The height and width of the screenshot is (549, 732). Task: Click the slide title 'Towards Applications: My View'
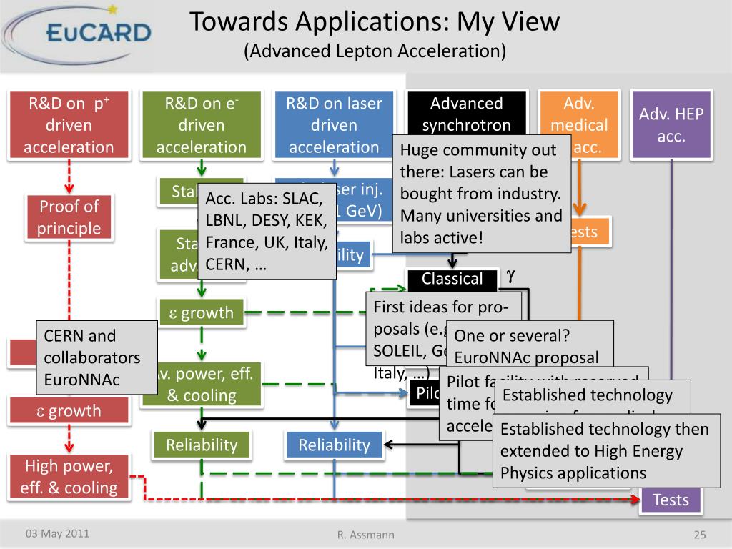[375, 22]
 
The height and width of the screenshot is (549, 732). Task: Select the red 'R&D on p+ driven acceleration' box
[69, 125]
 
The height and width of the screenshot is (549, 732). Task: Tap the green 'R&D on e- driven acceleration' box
[202, 125]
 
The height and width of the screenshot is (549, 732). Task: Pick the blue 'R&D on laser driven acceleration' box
[334, 125]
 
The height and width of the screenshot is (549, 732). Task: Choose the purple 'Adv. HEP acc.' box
[671, 125]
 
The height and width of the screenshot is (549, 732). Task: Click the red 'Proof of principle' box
[69, 217]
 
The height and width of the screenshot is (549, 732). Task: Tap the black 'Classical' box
[452, 279]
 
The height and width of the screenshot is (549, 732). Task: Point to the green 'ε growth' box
[201, 312]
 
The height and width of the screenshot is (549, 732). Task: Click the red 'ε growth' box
[69, 411]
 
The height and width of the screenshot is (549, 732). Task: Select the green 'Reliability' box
[202, 445]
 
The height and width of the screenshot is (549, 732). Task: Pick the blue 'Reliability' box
[334, 445]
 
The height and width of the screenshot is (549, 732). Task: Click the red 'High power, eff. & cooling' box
[69, 477]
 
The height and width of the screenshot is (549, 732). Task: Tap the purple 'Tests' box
[671, 500]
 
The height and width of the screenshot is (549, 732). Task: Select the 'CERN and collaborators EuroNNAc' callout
[97, 357]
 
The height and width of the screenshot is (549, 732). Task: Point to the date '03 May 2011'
[58, 533]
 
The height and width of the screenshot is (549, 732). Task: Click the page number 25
[700, 535]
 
